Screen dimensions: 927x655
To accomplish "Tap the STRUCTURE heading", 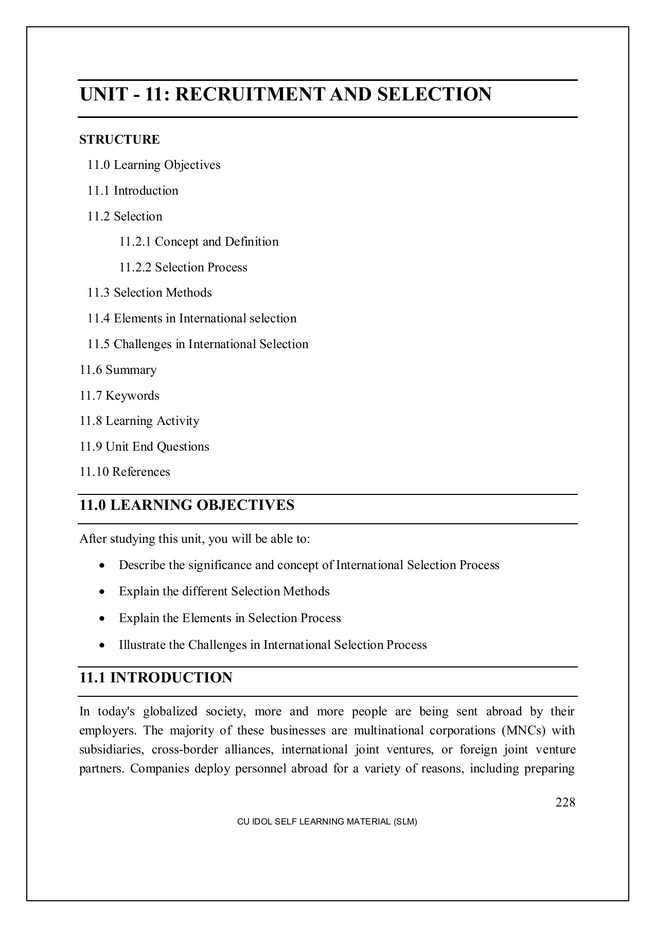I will (119, 140).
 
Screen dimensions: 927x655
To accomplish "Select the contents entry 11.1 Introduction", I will (133, 191).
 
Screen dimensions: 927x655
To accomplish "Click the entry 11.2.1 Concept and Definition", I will (199, 242).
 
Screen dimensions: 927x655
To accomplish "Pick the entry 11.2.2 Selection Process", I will (183, 267).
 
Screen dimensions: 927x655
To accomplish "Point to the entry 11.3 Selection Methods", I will (149, 293).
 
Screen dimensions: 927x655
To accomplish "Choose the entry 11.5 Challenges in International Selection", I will (198, 344).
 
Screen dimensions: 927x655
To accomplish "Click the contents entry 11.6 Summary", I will (118, 370).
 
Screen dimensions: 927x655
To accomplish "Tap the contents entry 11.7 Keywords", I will (119, 396).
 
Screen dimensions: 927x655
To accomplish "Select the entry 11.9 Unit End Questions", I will (144, 447).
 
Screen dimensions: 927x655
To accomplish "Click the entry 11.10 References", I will (125, 472).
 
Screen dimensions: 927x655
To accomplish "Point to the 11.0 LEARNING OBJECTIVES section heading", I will (187, 505).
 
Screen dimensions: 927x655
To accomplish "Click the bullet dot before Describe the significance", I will (103, 566).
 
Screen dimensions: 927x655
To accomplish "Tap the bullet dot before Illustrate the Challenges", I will (103, 646).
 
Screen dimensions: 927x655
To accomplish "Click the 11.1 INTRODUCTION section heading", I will (156, 678).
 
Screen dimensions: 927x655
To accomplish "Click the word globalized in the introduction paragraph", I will (170, 712).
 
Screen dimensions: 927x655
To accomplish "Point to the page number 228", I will (565, 802).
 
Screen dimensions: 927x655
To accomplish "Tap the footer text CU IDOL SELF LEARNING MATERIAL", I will (327, 822).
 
